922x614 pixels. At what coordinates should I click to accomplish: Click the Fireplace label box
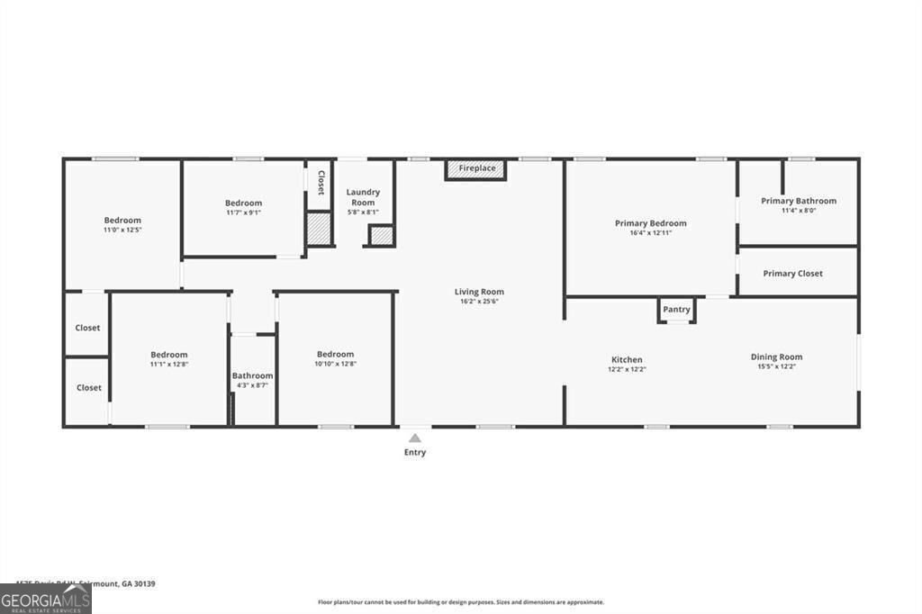coord(476,169)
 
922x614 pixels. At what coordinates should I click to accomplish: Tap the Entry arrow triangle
coord(414,438)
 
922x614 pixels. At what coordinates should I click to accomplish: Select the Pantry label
coord(676,310)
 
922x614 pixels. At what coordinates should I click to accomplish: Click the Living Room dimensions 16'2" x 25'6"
coord(479,302)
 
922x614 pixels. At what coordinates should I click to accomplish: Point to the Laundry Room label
coord(363,197)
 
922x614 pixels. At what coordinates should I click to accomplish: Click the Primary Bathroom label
coord(798,201)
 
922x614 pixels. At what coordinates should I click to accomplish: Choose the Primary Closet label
coord(792,274)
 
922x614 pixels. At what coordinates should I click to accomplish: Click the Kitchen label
coord(627,359)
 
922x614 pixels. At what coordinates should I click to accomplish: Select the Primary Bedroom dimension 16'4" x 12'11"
coord(650,233)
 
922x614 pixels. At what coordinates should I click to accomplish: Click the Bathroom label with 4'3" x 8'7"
coord(252,375)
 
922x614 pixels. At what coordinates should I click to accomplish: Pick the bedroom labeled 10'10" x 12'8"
coord(335,354)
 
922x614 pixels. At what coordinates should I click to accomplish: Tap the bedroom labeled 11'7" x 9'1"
coord(243,203)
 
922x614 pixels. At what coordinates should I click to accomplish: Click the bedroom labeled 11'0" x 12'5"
coord(122,221)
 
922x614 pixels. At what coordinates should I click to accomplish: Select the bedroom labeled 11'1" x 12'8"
coord(168,355)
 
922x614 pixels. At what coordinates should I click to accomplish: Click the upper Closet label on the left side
coord(87,328)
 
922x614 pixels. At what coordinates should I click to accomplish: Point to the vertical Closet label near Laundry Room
coord(320,183)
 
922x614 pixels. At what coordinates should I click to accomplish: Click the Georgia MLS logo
coord(45,600)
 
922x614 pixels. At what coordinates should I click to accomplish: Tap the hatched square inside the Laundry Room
coord(381,236)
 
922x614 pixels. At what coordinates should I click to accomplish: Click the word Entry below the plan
coord(414,453)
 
